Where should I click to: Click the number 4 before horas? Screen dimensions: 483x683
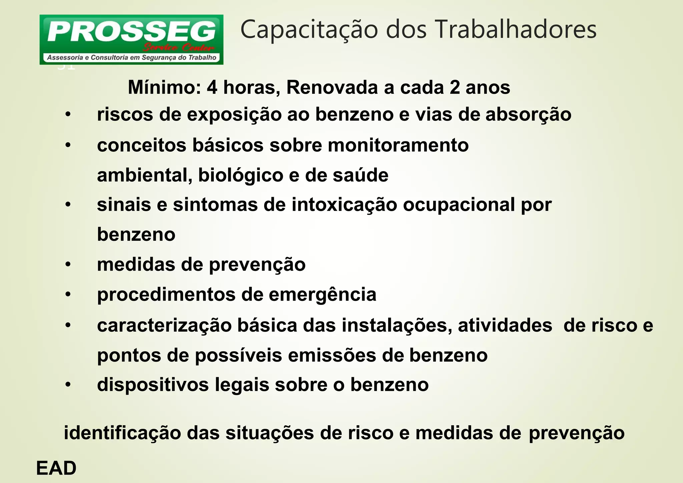click(x=211, y=88)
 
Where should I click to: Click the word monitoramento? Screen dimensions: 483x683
click(x=398, y=145)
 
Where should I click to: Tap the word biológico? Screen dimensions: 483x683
click(x=240, y=175)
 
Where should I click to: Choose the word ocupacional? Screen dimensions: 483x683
click(x=459, y=204)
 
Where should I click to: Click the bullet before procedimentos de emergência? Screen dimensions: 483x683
click(x=68, y=295)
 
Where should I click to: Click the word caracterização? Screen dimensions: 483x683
click(x=164, y=325)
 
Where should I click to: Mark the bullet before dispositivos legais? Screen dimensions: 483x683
click(x=68, y=385)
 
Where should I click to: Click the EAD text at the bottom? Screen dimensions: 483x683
click(x=56, y=468)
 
